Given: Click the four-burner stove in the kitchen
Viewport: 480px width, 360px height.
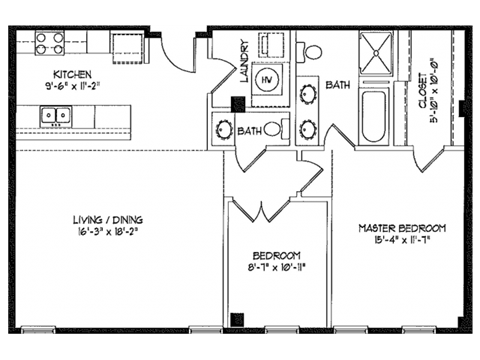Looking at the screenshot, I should click(49, 42).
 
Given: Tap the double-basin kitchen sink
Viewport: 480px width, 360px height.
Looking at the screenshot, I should click(55, 117).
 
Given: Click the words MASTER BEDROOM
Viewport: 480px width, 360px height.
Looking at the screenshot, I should click(402, 228).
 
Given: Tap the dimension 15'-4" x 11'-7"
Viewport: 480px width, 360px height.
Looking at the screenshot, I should click(402, 241).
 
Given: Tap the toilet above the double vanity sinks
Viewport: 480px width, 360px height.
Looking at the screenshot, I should click(313, 52).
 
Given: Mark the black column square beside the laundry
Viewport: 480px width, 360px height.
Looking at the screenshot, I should click(237, 102).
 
